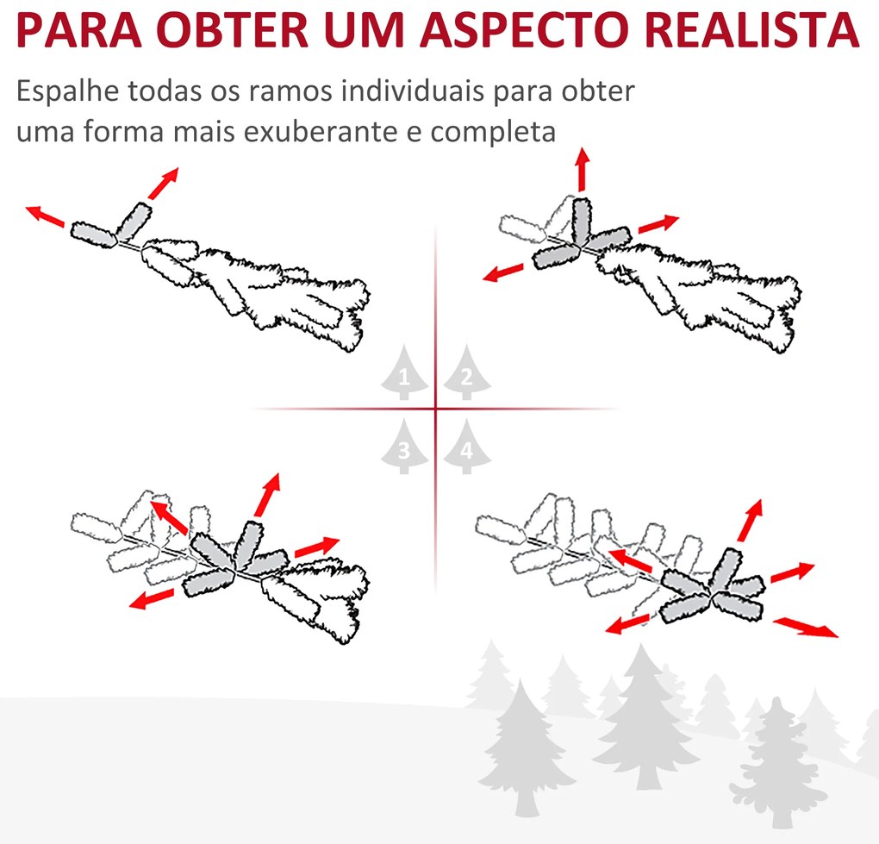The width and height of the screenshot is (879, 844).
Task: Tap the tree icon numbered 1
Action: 404,373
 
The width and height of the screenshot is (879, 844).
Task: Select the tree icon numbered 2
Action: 466,373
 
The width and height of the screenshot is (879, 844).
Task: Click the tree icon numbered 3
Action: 404,447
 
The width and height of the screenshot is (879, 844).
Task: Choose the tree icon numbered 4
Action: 466,447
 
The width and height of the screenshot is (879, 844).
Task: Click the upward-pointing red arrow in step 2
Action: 583,168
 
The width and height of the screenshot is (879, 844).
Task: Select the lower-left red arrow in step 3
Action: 155,597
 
